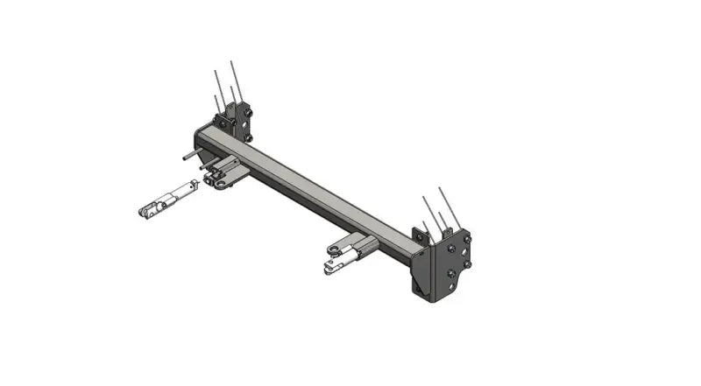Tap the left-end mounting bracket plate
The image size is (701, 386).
pyautogui.click(x=235, y=123)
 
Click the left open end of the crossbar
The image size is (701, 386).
pyautogui.click(x=201, y=140)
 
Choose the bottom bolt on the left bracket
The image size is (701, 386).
pyautogui.click(x=248, y=137)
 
